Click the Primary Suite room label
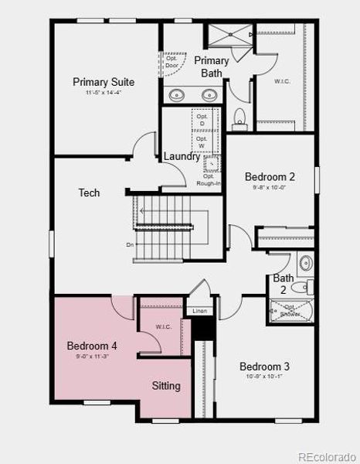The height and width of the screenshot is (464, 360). pyautogui.click(x=104, y=81)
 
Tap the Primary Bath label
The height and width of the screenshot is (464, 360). pyautogui.click(x=211, y=67)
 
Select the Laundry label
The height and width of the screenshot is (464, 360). pyautogui.click(x=182, y=156)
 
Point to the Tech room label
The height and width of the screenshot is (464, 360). pyautogui.click(x=89, y=193)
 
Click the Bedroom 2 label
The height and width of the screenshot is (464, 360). pyautogui.click(x=270, y=176)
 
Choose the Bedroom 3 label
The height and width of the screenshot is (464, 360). pyautogui.click(x=264, y=367)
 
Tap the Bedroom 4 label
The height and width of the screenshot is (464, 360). pyautogui.click(x=92, y=346)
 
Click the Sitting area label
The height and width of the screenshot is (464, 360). pyautogui.click(x=166, y=385)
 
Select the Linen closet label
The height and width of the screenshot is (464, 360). pyautogui.click(x=199, y=311)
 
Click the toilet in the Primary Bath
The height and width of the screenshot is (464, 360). pyautogui.click(x=239, y=117)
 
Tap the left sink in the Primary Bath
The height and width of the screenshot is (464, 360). pyautogui.click(x=176, y=95)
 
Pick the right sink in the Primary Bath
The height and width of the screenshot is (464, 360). pyautogui.click(x=209, y=95)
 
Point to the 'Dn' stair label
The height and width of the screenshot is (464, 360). pyautogui.click(x=131, y=245)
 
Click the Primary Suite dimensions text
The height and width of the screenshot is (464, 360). pyautogui.click(x=104, y=93)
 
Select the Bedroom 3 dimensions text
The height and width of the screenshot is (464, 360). pyautogui.click(x=264, y=377)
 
